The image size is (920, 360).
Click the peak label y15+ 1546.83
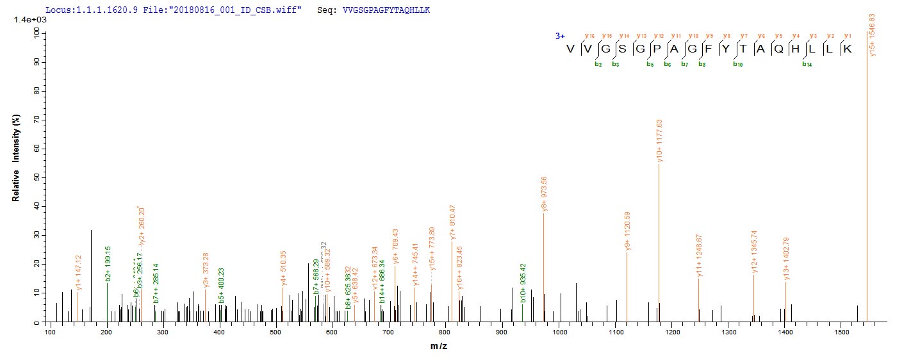tap(872, 35)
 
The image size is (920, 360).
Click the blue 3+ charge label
tap(560, 37)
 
